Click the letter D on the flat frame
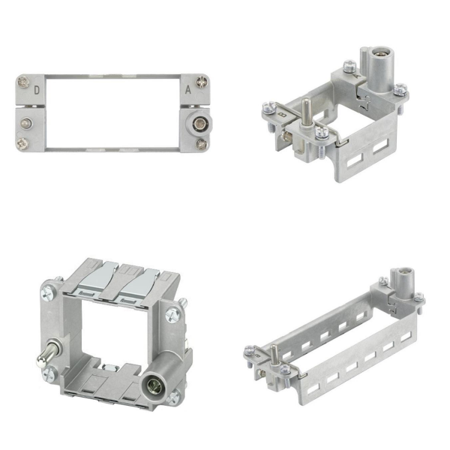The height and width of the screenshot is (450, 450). click(37, 91)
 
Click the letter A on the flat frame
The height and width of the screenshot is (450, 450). click(188, 90)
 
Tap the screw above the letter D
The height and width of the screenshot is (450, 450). click(23, 82)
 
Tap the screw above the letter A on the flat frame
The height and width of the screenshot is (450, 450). click(202, 82)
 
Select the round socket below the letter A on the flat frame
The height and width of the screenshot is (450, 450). click(198, 124)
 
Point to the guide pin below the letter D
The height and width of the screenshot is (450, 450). click(26, 124)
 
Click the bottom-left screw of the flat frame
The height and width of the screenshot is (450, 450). click(22, 143)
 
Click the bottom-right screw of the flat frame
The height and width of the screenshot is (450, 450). click(202, 144)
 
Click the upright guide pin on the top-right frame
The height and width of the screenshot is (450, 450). click(306, 112)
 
